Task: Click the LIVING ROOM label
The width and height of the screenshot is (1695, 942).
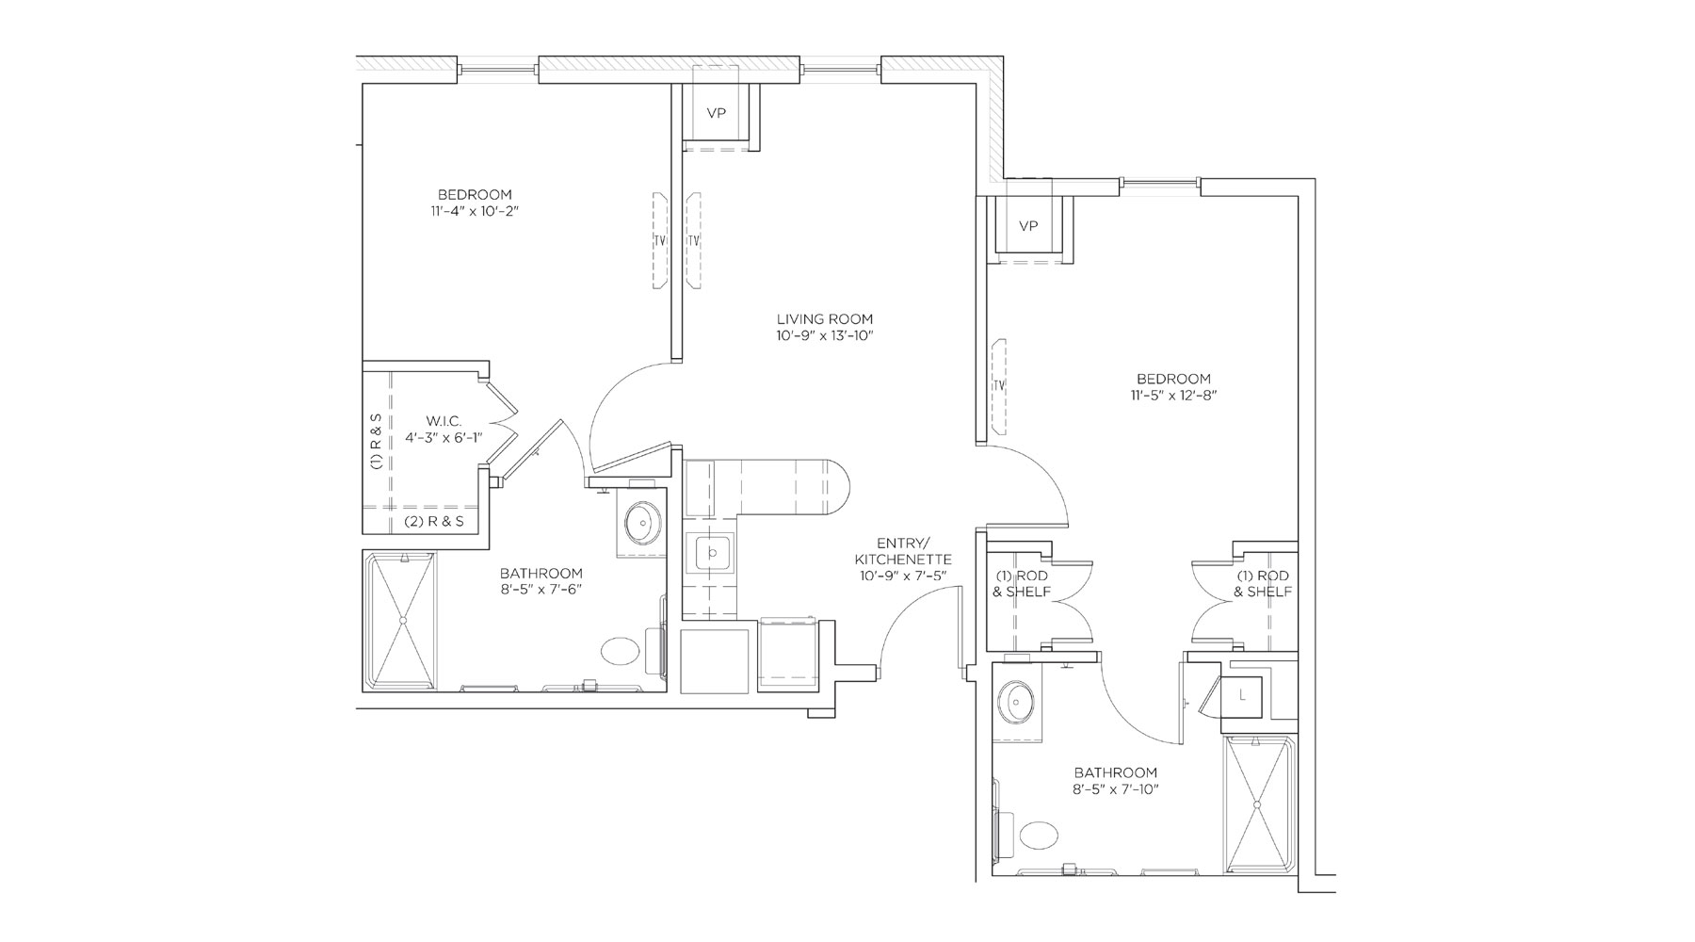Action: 825,318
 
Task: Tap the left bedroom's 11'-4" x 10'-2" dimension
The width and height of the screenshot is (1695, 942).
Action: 475,212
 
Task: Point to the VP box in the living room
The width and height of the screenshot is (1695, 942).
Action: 717,113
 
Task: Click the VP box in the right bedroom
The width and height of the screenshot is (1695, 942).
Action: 1028,226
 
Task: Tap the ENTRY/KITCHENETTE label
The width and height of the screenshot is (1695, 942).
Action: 902,551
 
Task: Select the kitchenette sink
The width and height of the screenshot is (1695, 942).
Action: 711,553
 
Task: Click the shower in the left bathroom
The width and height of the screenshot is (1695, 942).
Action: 402,621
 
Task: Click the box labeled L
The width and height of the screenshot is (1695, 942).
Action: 1244,695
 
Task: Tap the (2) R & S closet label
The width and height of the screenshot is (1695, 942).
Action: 434,521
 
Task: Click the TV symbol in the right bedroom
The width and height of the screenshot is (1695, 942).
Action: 999,386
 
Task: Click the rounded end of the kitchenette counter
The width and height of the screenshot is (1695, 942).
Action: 838,488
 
